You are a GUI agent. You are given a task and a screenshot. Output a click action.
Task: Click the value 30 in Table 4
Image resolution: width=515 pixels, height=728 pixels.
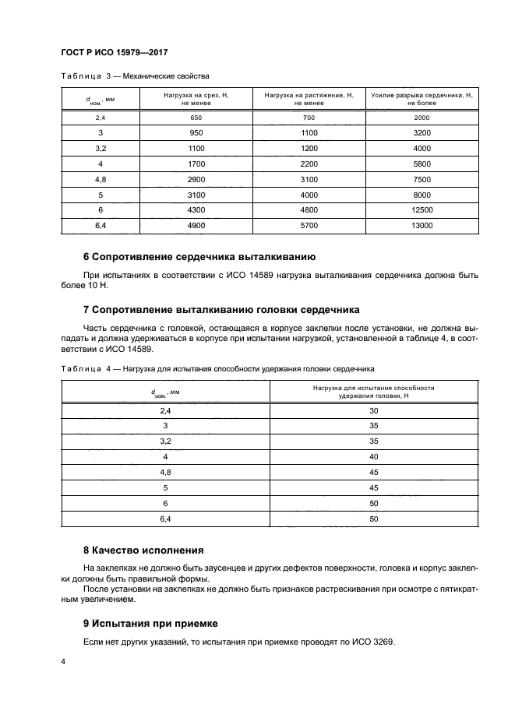(x=374, y=410)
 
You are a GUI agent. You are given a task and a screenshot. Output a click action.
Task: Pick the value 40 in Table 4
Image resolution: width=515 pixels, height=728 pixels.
(x=374, y=456)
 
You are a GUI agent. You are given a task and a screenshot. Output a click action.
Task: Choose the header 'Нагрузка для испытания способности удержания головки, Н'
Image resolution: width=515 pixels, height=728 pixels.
(x=374, y=392)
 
